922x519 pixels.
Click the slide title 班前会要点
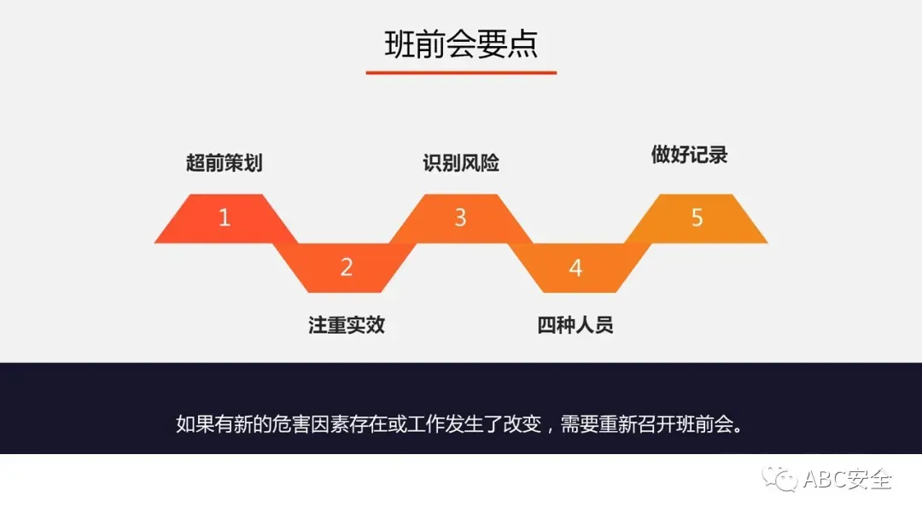tap(461, 44)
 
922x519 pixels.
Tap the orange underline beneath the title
tap(461, 73)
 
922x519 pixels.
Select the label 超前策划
tap(224, 162)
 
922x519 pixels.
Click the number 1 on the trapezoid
tap(225, 218)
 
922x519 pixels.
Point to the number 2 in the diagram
tap(347, 267)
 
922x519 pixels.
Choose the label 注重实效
tap(347, 325)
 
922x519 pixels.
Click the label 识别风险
tap(461, 162)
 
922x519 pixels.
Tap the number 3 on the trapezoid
tap(460, 218)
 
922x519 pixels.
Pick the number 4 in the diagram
tap(575, 268)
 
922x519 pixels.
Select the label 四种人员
tap(575, 325)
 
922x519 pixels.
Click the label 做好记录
tap(689, 155)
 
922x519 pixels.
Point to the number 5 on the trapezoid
tap(697, 218)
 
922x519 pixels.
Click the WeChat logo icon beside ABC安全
tap(780, 479)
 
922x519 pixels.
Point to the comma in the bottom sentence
tap(551, 427)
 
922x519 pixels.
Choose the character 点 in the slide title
tap(522, 44)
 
